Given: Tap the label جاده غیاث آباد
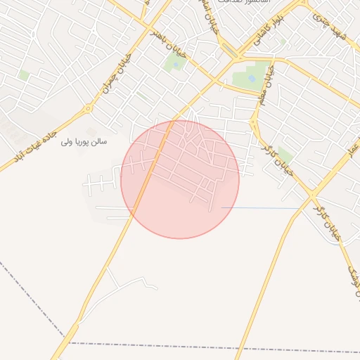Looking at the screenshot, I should (33, 147).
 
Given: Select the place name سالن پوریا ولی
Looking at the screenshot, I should (84, 141).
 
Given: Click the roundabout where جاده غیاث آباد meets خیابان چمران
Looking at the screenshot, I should (88, 109).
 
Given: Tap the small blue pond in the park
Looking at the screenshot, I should (252, 78).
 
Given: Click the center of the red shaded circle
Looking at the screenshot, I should (180, 179).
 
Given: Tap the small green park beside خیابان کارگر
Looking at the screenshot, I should (284, 155).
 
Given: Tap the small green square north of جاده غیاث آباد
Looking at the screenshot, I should (24, 75).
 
